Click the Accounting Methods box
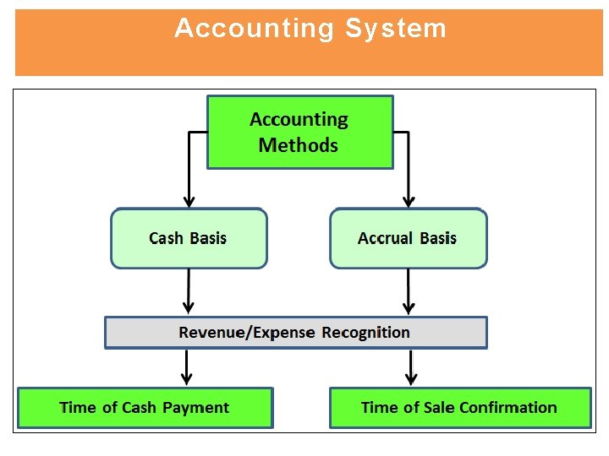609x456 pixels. pos(300,132)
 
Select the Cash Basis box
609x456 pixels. pos(189,239)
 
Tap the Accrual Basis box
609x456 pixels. pos(408,239)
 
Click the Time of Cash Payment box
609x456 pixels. pos(145,408)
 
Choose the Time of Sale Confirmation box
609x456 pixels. pos(459,408)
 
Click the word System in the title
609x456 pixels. pos(395,29)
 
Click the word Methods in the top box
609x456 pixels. pos(298,145)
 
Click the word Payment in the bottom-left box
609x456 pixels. pos(195,408)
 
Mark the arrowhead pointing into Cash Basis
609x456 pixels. pos(189,202)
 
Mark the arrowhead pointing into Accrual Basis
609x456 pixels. pos(409,202)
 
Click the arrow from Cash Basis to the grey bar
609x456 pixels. pos(188,290)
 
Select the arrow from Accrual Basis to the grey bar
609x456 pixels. pos(409,290)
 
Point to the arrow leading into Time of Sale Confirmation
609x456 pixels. pos(411,367)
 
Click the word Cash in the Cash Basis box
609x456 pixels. pos(166,239)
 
